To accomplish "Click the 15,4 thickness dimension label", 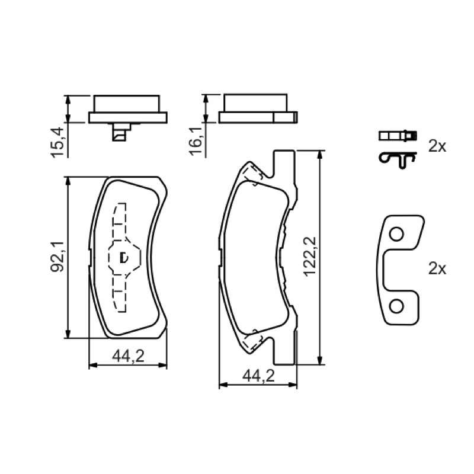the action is pos(57,142).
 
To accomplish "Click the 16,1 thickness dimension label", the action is pos(196,142).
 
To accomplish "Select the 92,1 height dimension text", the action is pos(57,257).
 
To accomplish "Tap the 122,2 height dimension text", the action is pos(310,257).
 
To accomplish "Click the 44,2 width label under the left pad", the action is pos(128,356).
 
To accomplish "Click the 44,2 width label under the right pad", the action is pos(258,376).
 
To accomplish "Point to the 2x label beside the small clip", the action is pos(437,146).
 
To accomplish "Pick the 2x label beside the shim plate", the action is pos(437,268).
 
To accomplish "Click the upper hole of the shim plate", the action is pos(396,234).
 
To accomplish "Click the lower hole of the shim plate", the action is pos(396,306).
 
